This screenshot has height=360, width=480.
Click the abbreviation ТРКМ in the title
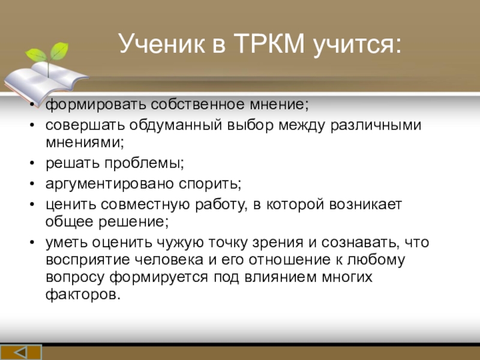click(x=269, y=43)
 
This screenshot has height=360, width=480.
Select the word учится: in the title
click(x=357, y=46)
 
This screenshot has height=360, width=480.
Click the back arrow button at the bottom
click(x=21, y=352)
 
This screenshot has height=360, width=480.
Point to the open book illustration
click(x=46, y=81)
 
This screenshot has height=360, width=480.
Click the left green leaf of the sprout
click(x=36, y=55)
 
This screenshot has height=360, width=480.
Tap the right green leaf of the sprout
click(x=59, y=50)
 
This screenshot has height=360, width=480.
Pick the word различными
click(x=376, y=125)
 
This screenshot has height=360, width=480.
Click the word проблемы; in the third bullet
click(x=144, y=163)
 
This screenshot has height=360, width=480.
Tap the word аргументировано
click(x=110, y=184)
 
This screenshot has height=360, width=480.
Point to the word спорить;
click(x=210, y=184)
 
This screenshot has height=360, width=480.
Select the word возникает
click(x=365, y=205)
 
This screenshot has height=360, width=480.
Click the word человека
click(x=169, y=260)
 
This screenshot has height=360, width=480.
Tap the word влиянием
click(x=280, y=277)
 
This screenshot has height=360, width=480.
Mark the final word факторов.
click(x=83, y=295)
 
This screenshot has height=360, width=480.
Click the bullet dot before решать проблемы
click(x=32, y=163)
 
